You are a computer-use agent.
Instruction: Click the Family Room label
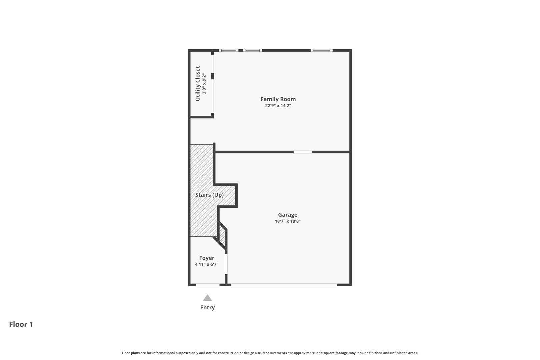278,99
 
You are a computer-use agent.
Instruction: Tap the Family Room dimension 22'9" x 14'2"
278,106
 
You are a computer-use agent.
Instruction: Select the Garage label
287,215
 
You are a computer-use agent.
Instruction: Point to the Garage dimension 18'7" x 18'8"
287,221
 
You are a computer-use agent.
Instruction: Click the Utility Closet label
198,83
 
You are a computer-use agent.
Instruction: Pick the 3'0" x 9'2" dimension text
204,83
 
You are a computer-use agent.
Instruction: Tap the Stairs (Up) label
209,195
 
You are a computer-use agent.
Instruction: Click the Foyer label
206,258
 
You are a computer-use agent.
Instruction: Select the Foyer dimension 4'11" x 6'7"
206,264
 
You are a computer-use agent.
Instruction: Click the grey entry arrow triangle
207,298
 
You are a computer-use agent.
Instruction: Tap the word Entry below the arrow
207,307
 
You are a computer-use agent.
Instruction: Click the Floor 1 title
21,324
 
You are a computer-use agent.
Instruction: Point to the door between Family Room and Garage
303,152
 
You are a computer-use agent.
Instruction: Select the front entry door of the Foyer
207,285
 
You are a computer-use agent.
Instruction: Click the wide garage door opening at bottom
284,285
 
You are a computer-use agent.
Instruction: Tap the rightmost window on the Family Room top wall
321,51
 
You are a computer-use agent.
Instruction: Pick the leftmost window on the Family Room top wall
228,51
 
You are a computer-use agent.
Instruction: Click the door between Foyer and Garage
226,264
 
